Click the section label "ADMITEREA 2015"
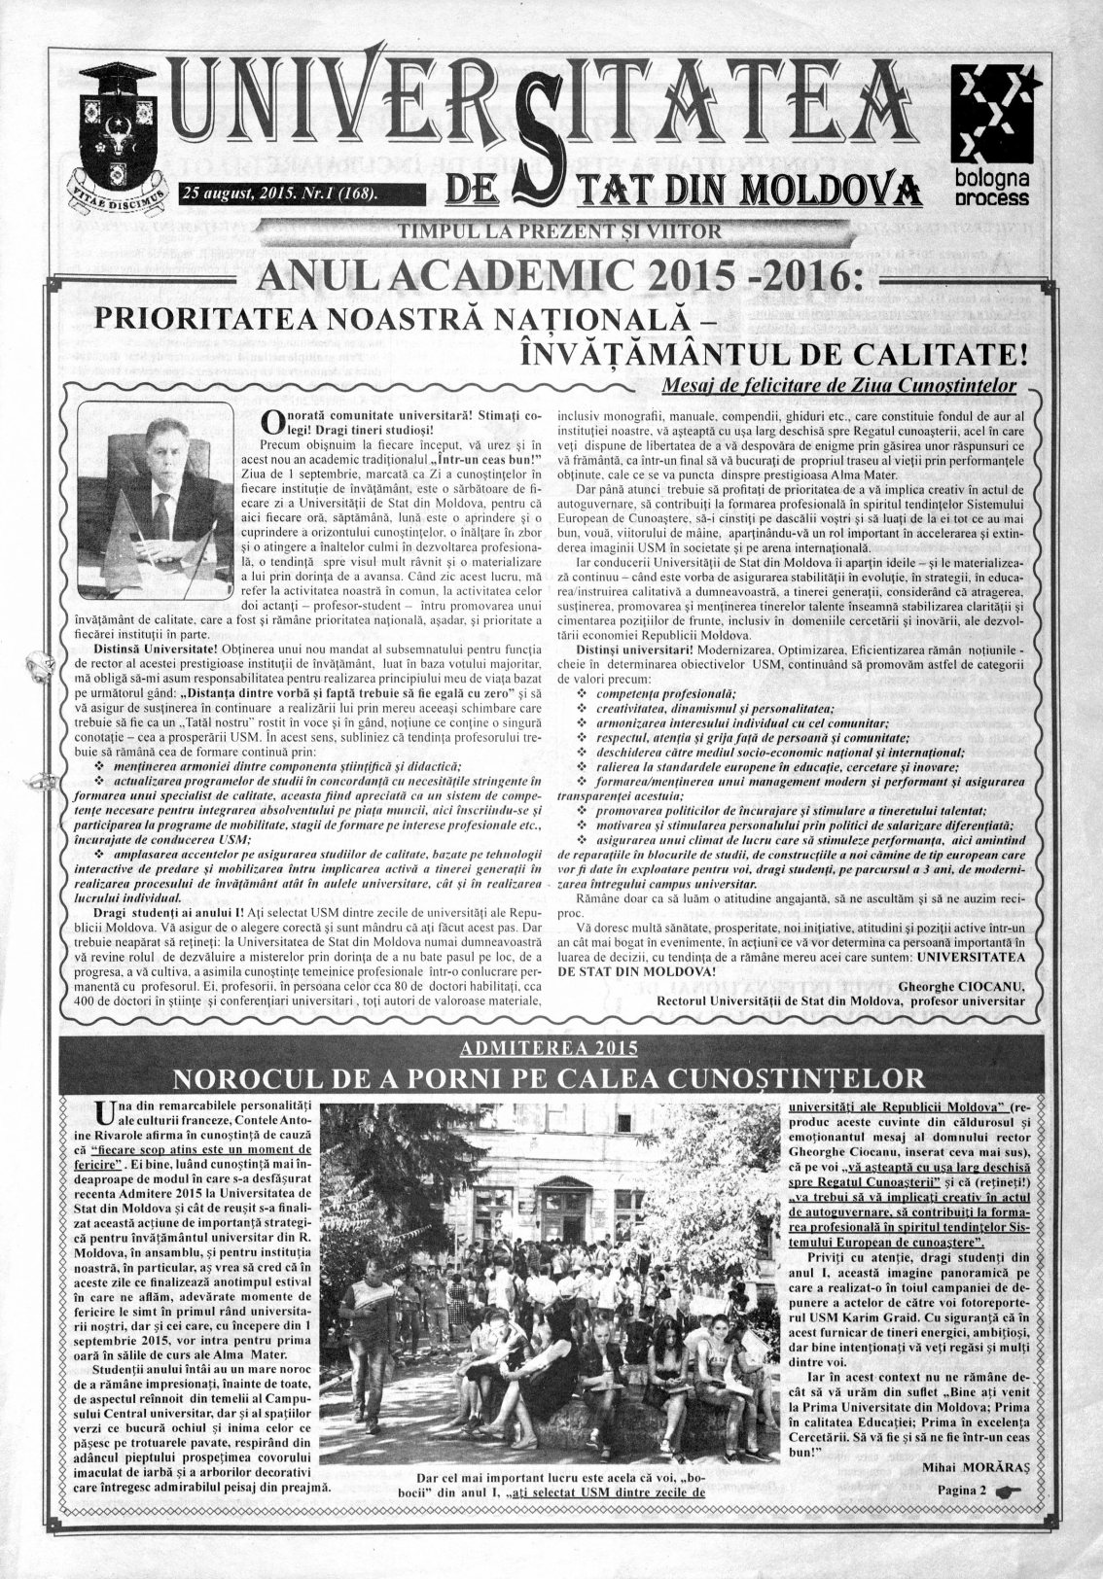tap(551, 1047)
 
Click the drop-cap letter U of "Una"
tap(106, 1112)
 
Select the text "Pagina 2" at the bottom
tap(963, 1490)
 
